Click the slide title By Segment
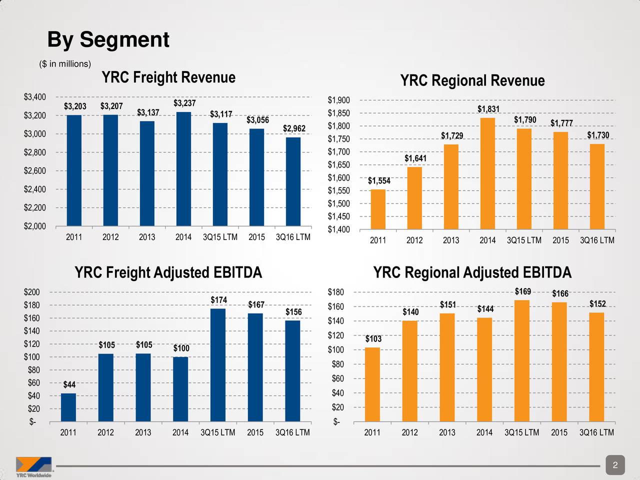[x=108, y=39]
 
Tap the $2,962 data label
[x=294, y=129]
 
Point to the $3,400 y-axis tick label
[x=35, y=96]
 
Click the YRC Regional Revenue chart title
[x=472, y=81]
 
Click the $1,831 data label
[x=488, y=109]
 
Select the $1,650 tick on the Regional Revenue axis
[x=338, y=165]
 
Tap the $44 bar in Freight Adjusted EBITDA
[x=68, y=407]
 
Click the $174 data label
[x=218, y=300]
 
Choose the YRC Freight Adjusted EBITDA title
[x=168, y=273]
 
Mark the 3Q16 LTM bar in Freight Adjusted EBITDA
[x=292, y=370]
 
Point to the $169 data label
[x=522, y=291]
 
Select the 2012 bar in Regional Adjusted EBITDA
[x=409, y=370]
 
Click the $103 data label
[x=373, y=339]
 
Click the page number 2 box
[x=615, y=465]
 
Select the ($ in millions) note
[x=65, y=64]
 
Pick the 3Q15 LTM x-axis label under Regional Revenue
[x=523, y=240]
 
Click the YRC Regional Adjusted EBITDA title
[x=472, y=273]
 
